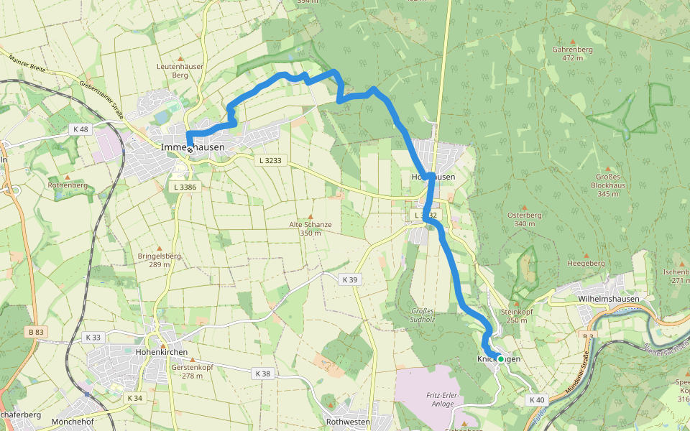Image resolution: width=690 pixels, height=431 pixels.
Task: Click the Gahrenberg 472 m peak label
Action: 572,54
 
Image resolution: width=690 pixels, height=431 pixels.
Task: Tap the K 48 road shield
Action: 80,129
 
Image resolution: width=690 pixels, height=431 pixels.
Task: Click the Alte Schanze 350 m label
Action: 310,228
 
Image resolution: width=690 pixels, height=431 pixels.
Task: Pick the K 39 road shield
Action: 350,279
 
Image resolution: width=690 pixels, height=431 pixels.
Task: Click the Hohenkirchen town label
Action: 162,352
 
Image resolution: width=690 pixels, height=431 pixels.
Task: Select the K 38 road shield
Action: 262,374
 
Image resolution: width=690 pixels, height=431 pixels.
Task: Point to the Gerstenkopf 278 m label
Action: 192,371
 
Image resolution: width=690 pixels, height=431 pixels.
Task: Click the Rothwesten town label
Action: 347,422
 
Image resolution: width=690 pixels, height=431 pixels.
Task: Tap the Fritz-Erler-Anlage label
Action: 442,399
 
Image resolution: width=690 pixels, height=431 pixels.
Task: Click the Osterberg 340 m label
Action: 524,219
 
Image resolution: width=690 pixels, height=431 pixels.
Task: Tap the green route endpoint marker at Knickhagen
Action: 500,358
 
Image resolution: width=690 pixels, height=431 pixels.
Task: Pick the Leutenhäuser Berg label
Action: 180,70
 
